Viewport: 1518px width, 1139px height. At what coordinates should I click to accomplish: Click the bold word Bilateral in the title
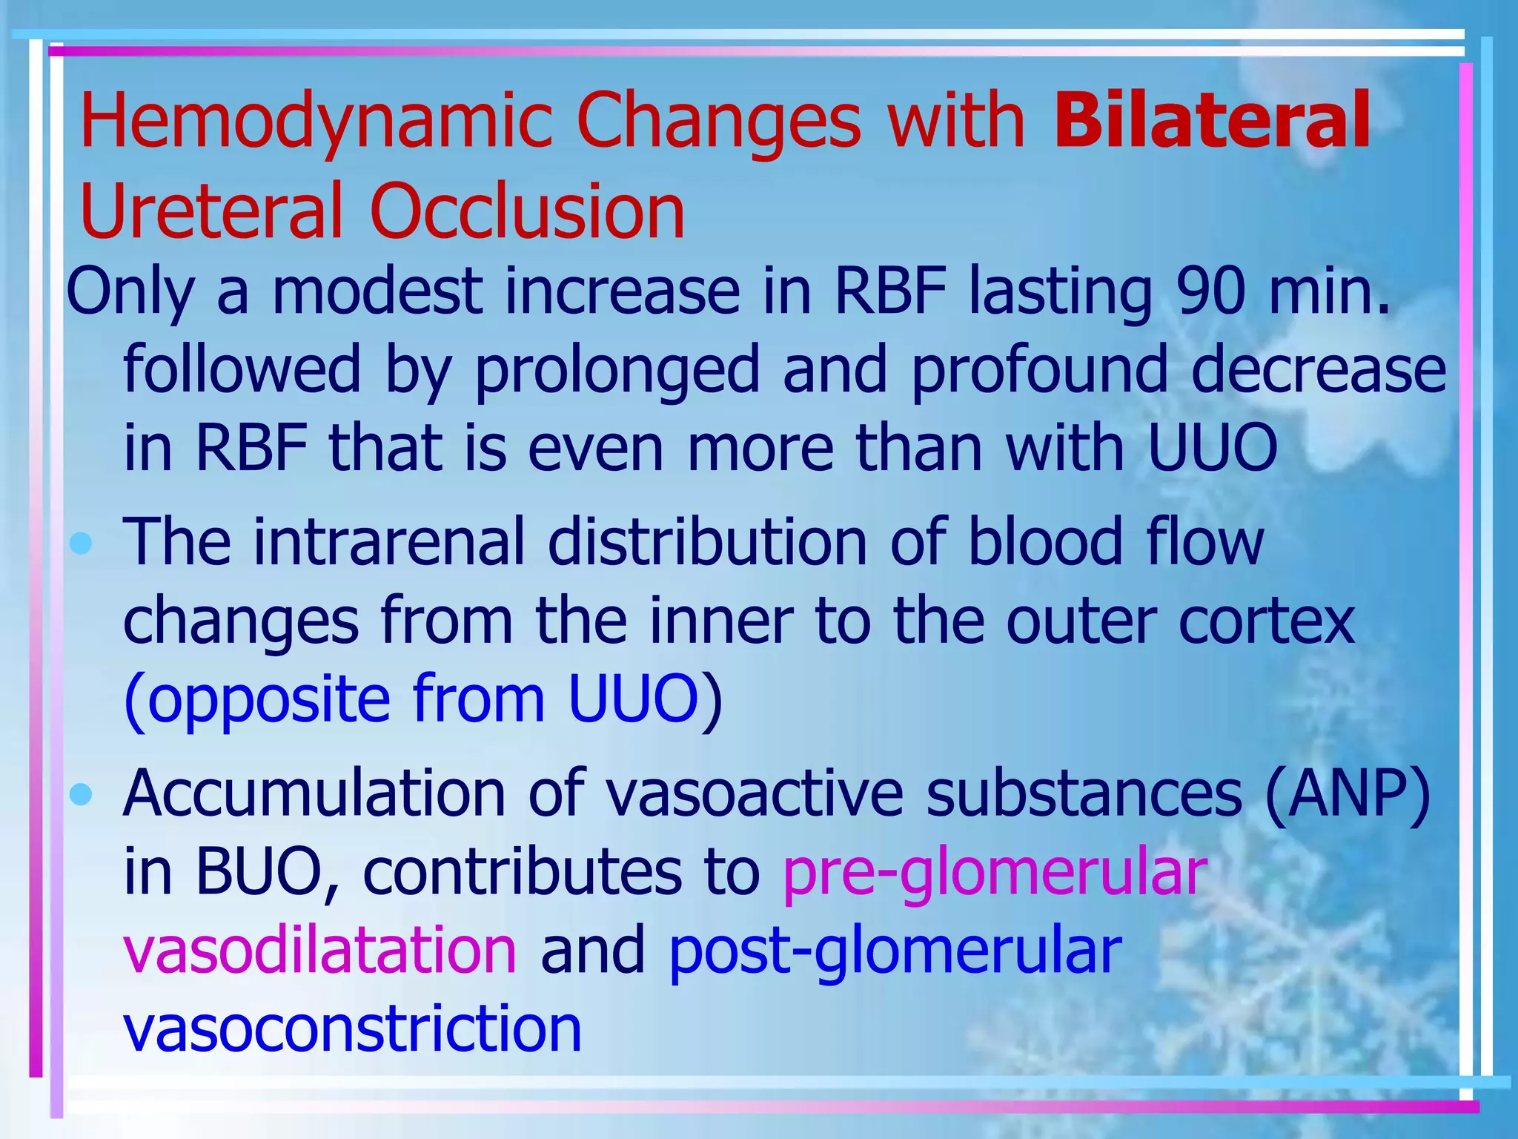click(x=1211, y=120)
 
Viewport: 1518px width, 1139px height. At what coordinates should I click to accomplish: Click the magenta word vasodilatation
click(x=319, y=950)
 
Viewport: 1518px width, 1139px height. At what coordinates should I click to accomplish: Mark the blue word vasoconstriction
click(x=352, y=1029)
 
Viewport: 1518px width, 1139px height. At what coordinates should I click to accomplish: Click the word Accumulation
click(x=314, y=794)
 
